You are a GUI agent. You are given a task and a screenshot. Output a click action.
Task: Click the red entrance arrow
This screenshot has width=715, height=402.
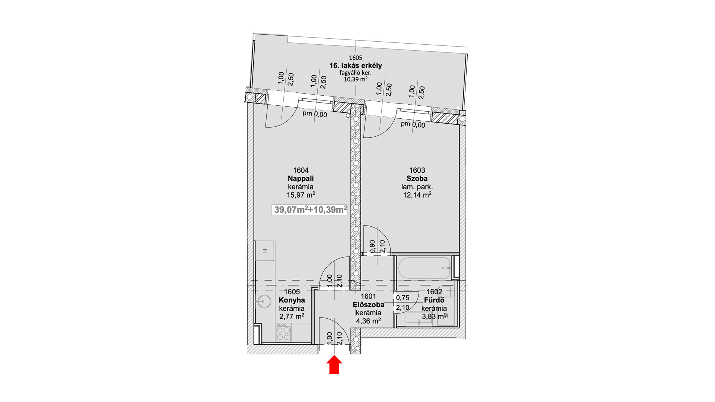[x=334, y=365]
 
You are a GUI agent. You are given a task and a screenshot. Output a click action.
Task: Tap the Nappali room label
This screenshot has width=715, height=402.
[x=301, y=179]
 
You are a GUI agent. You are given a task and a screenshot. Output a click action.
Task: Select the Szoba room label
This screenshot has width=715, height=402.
[x=417, y=179]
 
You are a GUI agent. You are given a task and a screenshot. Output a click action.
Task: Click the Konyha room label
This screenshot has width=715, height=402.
[x=292, y=300]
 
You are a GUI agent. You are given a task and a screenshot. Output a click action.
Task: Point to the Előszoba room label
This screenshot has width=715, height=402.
[x=368, y=304]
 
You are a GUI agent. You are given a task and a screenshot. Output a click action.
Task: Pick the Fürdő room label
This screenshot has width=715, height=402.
[x=434, y=300]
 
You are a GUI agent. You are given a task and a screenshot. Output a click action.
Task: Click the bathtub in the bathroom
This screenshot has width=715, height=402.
[x=425, y=268]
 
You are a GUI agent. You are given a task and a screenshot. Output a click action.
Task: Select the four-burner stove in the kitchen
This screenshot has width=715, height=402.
[x=284, y=333]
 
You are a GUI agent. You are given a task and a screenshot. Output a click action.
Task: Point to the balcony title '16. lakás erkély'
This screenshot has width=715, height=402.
[x=356, y=66]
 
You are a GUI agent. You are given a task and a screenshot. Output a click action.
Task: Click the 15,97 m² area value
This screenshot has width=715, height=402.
[x=301, y=195]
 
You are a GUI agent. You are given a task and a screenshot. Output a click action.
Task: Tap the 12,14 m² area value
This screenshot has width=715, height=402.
[x=417, y=195]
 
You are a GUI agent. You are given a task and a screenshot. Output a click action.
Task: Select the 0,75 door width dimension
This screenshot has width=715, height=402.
[x=403, y=298]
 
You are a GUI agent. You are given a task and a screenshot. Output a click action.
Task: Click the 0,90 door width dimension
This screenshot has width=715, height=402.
[x=372, y=246]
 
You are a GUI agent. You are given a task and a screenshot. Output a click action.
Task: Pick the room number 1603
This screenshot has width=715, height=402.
[x=417, y=170]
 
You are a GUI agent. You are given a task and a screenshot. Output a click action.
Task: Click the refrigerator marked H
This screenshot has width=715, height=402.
[x=265, y=251]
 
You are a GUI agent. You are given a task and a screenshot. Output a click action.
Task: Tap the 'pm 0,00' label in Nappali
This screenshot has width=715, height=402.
[x=315, y=114]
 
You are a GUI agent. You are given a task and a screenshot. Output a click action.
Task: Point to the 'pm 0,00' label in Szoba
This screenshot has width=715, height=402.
[x=413, y=124]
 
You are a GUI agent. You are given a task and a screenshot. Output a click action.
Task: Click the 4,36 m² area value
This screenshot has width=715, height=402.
[x=368, y=321]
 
